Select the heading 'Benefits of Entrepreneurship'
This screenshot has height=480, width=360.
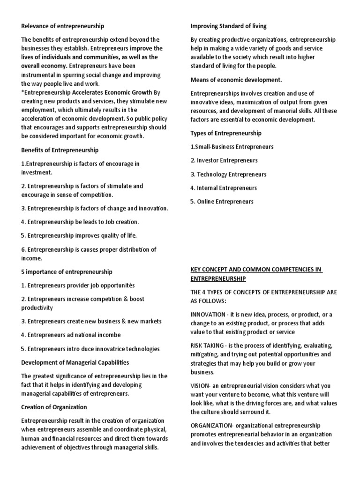(x=60, y=150)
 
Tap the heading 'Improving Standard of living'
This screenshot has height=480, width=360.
(x=228, y=26)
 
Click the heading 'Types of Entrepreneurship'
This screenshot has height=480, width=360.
(x=226, y=133)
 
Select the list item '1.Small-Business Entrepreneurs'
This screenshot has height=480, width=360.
(x=232, y=147)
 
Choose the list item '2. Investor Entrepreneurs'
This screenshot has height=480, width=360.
(x=225, y=160)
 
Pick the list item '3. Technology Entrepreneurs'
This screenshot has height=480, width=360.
(x=228, y=174)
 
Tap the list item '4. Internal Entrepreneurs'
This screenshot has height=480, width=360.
(x=224, y=188)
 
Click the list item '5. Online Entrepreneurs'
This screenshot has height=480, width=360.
(x=222, y=202)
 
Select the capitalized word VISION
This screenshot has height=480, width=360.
(x=200, y=385)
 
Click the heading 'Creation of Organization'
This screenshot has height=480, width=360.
(x=54, y=407)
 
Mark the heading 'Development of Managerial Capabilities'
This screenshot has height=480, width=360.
(x=75, y=362)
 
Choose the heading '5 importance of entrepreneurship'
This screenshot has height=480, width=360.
(x=67, y=271)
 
